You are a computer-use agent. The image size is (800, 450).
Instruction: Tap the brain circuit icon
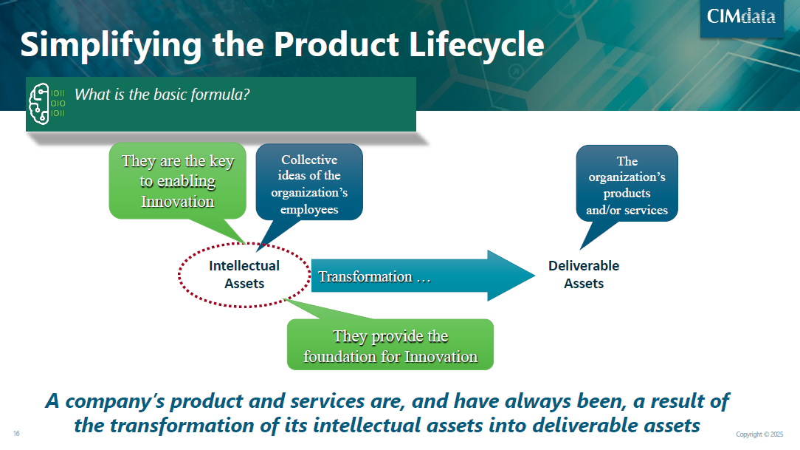pos(46,104)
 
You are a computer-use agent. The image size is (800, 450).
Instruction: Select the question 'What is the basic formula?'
pos(162,95)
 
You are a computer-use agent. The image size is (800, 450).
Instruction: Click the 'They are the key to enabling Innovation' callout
pos(177,181)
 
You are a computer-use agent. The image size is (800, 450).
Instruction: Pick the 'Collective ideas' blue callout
pos(309,185)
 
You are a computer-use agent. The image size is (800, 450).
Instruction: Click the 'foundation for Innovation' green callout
pos(390,346)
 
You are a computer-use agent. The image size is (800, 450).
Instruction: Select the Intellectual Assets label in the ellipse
pos(244,274)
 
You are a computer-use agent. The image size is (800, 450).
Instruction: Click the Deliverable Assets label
pos(583,274)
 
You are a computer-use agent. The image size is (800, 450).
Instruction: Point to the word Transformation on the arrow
pos(365,276)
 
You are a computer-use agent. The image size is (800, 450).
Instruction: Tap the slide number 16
pos(16,433)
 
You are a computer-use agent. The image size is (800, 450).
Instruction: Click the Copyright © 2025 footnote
pos(759,434)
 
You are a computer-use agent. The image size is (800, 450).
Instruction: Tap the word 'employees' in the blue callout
pos(309,209)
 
